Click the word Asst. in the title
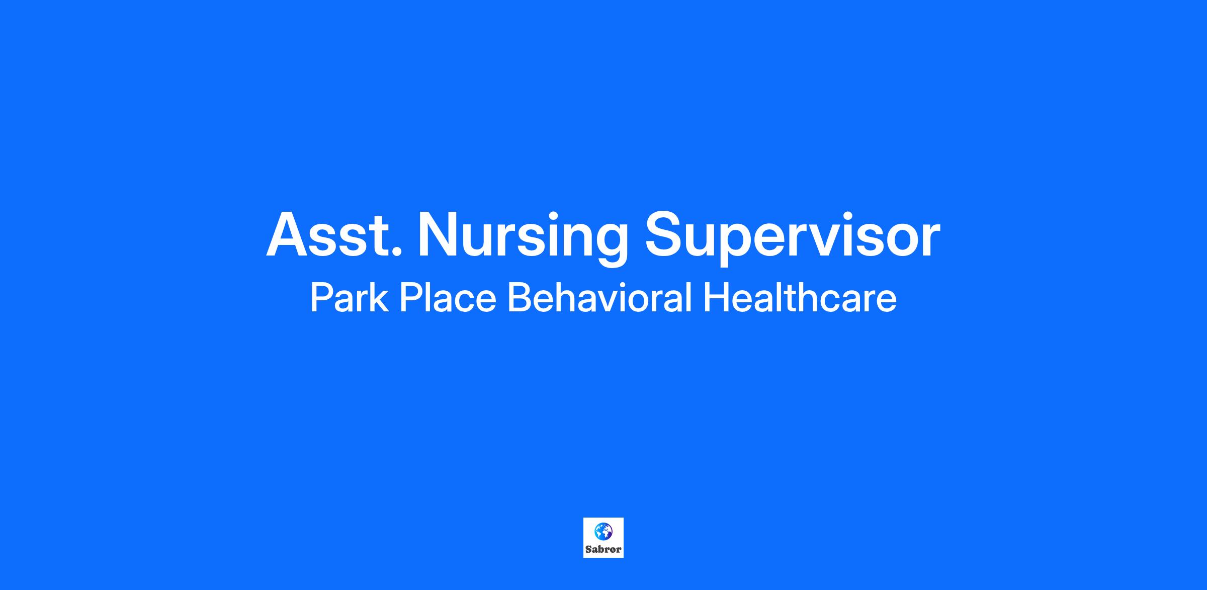[334, 234]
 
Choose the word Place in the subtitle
[448, 297]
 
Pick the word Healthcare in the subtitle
[800, 297]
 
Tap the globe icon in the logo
[603, 531]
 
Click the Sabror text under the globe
[603, 549]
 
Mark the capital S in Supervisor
[664, 234]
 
